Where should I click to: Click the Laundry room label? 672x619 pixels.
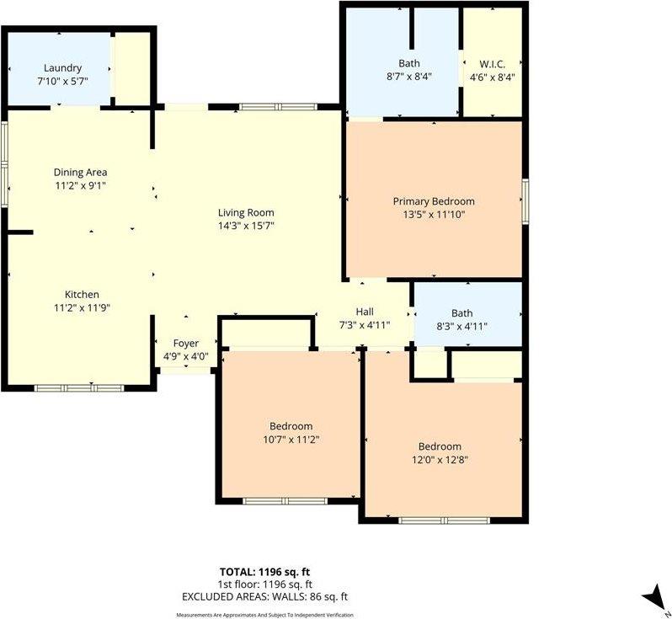pyautogui.click(x=63, y=68)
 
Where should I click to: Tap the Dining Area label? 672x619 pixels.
pyautogui.click(x=80, y=173)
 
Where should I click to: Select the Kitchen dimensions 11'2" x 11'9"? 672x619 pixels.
pyautogui.click(x=83, y=307)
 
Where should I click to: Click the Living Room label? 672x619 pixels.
pyautogui.click(x=246, y=213)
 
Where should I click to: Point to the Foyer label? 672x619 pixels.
pyautogui.click(x=186, y=344)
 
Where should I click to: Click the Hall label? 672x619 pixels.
pyautogui.click(x=365, y=312)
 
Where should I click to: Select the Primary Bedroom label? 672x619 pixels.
pyautogui.click(x=434, y=202)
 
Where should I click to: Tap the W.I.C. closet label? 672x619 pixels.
pyautogui.click(x=492, y=63)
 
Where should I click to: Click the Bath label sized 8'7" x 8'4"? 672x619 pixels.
pyautogui.click(x=409, y=63)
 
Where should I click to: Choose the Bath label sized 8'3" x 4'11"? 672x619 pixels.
pyautogui.click(x=462, y=312)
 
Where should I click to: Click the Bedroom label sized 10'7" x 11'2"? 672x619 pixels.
pyautogui.click(x=291, y=426)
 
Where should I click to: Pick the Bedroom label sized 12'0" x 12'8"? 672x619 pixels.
pyautogui.click(x=440, y=446)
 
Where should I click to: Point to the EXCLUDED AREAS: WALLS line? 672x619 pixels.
pyautogui.click(x=264, y=596)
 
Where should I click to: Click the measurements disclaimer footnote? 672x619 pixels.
pyautogui.click(x=264, y=615)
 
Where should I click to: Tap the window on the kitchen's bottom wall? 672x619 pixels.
pyautogui.click(x=78, y=387)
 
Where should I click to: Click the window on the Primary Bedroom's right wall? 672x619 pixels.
pyautogui.click(x=525, y=200)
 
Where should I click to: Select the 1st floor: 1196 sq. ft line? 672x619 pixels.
pyautogui.click(x=264, y=584)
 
